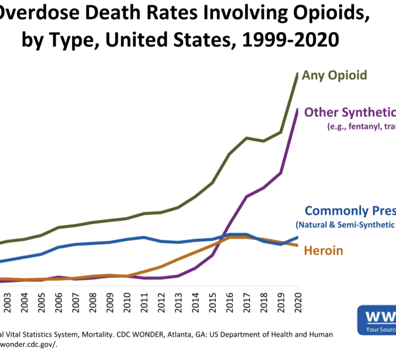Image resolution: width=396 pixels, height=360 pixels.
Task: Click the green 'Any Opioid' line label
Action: [334, 75]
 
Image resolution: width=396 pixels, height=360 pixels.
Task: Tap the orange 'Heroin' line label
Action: [324, 251]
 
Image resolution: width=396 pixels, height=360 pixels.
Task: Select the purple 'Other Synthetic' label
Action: [350, 113]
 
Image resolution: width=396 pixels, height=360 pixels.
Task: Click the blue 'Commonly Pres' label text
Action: [350, 211]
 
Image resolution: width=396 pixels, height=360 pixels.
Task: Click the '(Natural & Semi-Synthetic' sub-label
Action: [345, 224]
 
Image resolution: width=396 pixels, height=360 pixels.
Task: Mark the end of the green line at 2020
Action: [297, 74]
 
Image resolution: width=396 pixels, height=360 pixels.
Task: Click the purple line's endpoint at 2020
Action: [297, 110]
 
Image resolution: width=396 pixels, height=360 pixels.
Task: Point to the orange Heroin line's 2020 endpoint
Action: [297, 245]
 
